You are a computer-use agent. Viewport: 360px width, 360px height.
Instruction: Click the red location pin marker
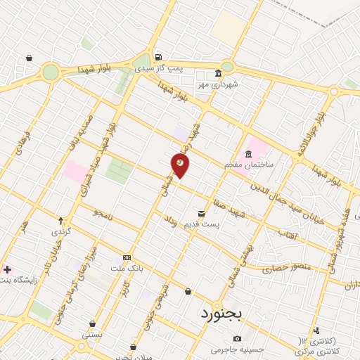coord(181,165)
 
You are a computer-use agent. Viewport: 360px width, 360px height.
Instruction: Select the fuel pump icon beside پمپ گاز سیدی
coord(158,58)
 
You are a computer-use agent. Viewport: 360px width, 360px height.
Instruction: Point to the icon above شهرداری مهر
coord(218,73)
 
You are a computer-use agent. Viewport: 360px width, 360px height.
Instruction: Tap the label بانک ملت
coord(127,268)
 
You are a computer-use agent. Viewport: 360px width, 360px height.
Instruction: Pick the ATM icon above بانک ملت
coord(127,257)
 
